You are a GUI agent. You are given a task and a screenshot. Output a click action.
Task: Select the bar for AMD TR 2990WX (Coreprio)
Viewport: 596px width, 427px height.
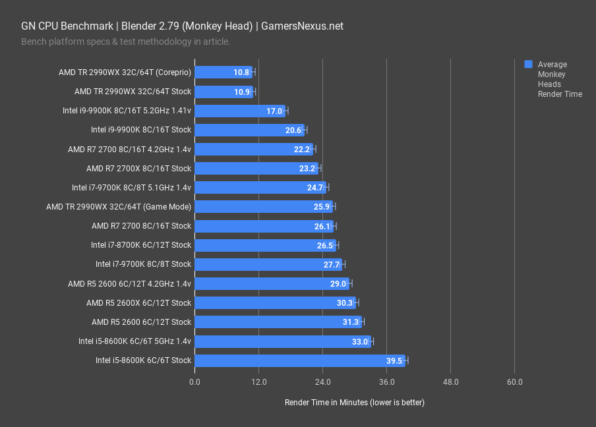(223, 72)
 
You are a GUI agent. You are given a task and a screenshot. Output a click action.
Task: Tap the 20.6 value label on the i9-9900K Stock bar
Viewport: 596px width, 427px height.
(293, 130)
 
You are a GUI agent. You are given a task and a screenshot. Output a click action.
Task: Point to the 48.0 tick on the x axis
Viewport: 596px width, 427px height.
(450, 382)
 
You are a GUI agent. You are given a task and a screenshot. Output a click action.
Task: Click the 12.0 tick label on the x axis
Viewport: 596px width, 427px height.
(258, 382)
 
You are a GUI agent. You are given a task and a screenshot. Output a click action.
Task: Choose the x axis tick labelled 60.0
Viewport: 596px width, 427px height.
(514, 382)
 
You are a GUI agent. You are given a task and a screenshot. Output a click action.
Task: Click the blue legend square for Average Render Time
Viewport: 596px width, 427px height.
(528, 65)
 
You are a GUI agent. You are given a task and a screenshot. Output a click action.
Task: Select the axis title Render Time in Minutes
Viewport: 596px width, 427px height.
(354, 402)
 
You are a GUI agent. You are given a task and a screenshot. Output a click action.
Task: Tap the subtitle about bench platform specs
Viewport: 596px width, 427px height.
(125, 42)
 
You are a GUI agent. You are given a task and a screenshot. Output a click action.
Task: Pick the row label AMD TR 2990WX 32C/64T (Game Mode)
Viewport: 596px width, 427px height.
(119, 207)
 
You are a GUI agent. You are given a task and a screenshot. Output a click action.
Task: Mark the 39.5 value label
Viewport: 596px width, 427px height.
(395, 360)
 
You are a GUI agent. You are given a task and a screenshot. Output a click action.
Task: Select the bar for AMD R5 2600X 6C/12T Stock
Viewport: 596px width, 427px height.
(276, 303)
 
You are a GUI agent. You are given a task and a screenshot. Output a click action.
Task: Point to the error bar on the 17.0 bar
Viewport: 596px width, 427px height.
(285, 111)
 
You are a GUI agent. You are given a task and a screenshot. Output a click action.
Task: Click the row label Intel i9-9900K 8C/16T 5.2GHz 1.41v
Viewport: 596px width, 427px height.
(127, 111)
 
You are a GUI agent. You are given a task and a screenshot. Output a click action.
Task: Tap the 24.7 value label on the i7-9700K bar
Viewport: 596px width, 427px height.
(315, 188)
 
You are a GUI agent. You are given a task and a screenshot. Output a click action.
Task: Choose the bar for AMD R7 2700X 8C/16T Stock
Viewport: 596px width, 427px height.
(256, 169)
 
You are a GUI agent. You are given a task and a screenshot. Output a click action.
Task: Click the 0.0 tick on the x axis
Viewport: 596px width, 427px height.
(194, 382)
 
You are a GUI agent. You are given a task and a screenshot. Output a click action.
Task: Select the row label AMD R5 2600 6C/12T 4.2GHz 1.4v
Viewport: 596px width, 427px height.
(129, 284)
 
